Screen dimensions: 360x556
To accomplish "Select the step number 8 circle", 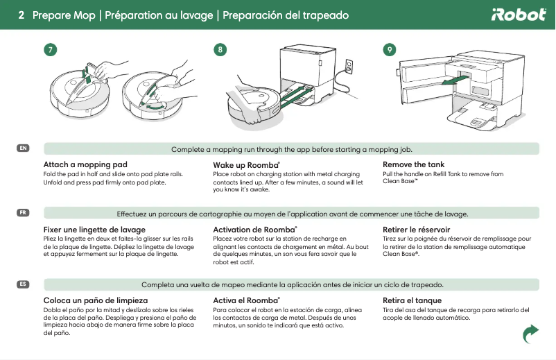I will [220, 50].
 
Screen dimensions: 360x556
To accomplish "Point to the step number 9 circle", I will [390, 50].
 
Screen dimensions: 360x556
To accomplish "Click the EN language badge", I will [23, 148].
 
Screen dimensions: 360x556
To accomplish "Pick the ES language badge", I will [23, 284].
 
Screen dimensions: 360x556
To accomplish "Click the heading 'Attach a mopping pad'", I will [85, 164].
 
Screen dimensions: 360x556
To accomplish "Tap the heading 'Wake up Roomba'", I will [245, 164].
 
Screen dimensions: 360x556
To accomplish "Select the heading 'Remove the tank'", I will [413, 164].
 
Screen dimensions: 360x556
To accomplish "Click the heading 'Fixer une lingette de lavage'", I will [94, 229].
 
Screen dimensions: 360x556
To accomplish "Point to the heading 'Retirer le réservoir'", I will [416, 229].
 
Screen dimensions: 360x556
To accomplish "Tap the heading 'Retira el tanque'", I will [412, 300].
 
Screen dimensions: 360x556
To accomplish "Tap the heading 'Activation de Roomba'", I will [254, 229].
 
